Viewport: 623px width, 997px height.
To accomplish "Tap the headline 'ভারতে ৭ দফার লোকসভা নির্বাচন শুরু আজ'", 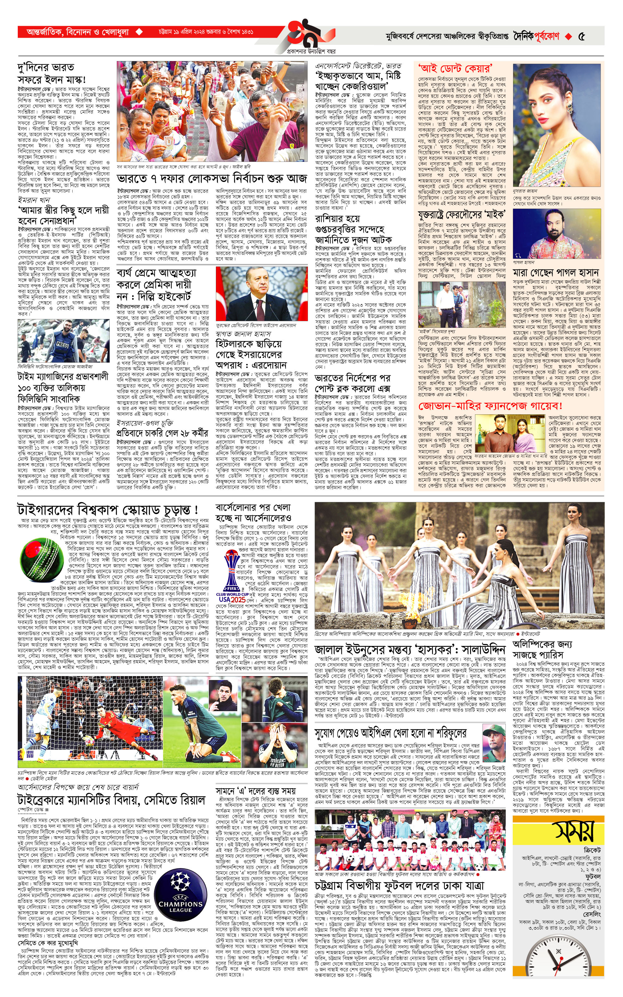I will (x=212, y=179).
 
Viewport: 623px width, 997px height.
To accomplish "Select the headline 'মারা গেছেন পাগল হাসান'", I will (x=555, y=273).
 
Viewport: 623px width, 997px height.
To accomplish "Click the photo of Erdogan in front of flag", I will (x=262, y=293).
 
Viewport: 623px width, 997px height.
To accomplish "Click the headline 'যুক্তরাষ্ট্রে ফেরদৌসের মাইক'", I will (x=462, y=214).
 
